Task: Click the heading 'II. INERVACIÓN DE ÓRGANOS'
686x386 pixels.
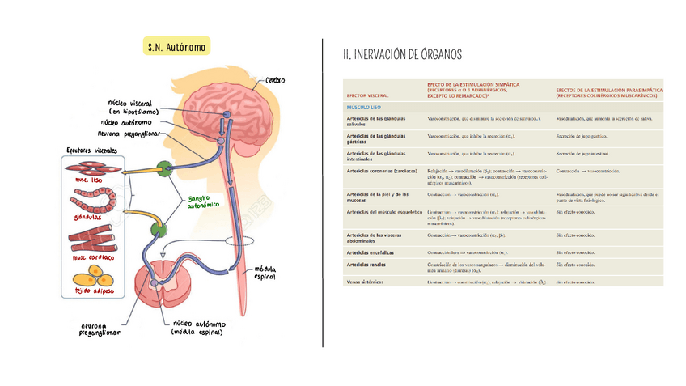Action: pyautogui.click(x=402, y=54)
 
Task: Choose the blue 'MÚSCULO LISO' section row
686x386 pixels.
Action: pyautogui.click(x=364, y=107)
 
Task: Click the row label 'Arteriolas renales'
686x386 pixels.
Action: pyautogui.click(x=371, y=265)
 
